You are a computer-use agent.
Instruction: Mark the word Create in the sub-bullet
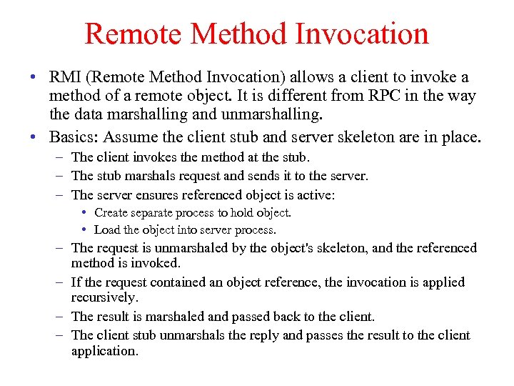(x=111, y=212)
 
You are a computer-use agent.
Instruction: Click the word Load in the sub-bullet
(x=107, y=230)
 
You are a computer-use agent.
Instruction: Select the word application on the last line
(x=104, y=351)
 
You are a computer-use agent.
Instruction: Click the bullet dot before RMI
(x=34, y=77)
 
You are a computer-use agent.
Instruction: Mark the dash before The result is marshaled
(x=60, y=317)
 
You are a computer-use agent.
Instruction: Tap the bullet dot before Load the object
(x=84, y=230)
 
